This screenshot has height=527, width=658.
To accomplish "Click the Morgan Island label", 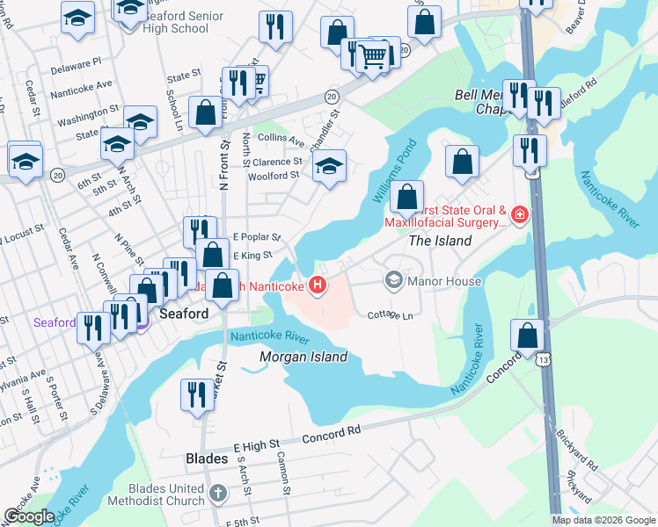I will click(303, 357).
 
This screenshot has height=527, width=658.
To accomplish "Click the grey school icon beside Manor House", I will click(394, 281).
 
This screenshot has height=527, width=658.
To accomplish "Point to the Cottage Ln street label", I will click(390, 314).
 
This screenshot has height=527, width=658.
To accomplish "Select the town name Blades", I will click(207, 458).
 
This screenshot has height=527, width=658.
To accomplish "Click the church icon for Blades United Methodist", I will click(219, 495).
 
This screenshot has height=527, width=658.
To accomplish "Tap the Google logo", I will click(29, 516).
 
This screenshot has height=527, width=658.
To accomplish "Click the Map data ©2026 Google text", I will click(603, 520).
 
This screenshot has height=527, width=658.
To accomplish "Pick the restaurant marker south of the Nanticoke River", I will click(195, 394).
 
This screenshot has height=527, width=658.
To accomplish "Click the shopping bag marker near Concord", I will click(527, 336).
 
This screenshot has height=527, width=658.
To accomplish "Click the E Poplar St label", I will click(256, 237).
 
